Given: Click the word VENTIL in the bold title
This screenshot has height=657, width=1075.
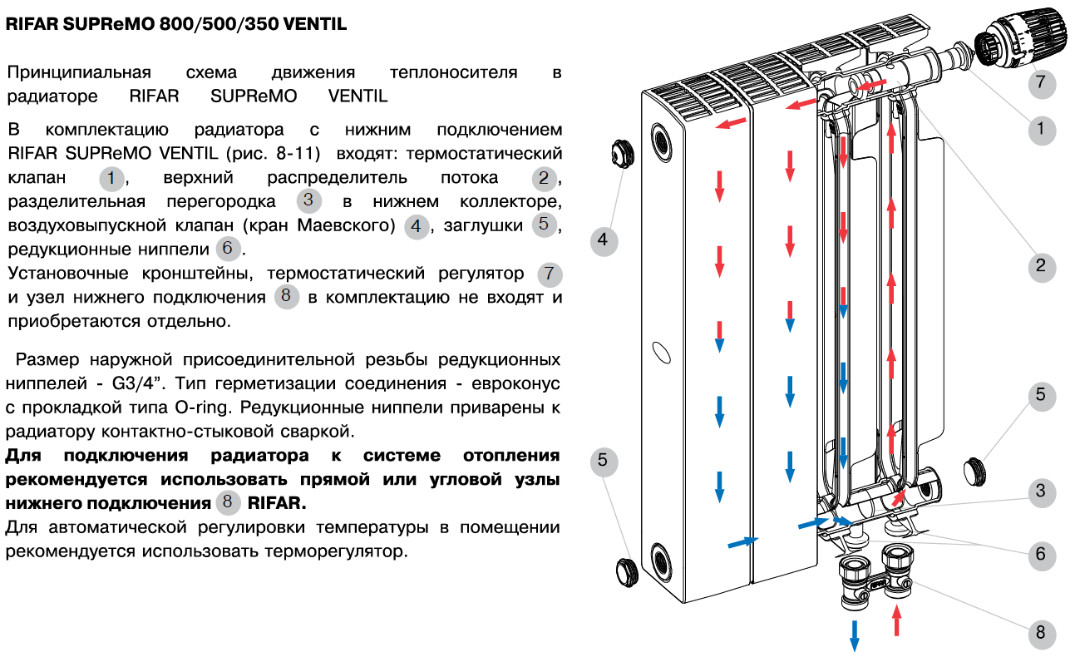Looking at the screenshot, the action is coord(315,23).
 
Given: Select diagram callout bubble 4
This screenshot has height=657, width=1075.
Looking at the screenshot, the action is coord(604,241).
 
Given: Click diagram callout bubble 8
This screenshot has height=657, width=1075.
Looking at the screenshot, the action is coord(1042,633).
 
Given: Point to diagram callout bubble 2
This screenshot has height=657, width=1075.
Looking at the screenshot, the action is coord(1042,267).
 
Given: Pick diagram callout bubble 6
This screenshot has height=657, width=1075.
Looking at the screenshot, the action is coord(1042,556).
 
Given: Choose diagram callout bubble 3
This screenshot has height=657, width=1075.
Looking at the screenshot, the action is coord(1042,492).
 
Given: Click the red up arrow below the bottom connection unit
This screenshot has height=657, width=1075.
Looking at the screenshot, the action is coord(896,620).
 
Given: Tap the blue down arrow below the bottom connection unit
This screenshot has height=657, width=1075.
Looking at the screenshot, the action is coord(854,636).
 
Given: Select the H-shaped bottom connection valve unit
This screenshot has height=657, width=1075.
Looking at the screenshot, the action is coord(876,579).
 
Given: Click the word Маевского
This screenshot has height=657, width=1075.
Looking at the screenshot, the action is coord(346,225).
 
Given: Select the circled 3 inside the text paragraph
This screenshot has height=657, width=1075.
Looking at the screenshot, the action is coord(308,200).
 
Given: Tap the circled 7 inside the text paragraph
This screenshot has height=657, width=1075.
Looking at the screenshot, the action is coord(550,274).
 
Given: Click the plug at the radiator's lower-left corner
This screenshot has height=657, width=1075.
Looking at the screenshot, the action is coord(627,572).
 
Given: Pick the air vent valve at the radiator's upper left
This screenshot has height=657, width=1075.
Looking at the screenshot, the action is coord(623,154).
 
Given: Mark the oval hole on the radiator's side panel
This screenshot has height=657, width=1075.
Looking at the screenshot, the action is coord(661,353).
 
